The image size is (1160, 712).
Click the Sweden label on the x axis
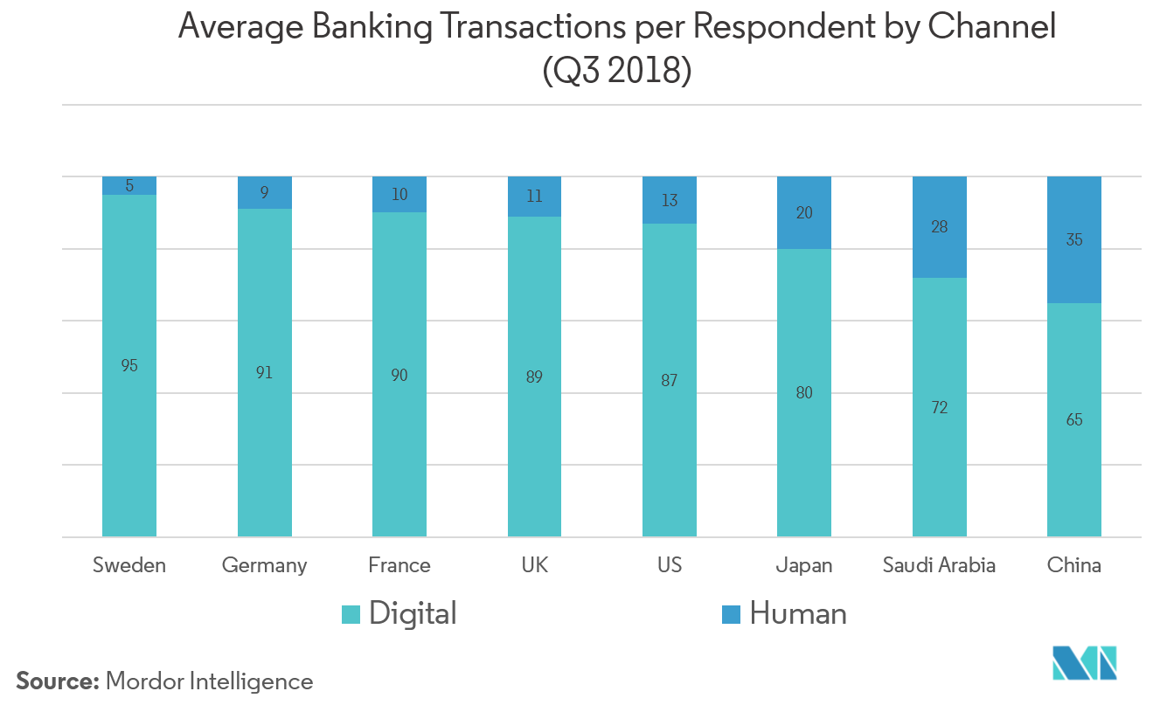point(129,565)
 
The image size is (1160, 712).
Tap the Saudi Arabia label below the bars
point(939,565)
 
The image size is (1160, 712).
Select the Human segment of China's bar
point(1074,262)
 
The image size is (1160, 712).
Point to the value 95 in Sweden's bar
point(129,366)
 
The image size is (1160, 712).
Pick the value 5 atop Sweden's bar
point(129,185)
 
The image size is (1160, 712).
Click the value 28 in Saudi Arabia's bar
point(940,227)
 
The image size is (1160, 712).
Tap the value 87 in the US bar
point(670,381)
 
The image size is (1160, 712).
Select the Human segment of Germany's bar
point(265,193)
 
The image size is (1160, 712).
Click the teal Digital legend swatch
point(351,614)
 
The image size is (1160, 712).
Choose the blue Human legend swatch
point(733,614)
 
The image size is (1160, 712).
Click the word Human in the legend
point(798,614)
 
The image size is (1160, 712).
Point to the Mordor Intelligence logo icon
point(1085,663)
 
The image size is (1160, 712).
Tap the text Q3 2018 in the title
point(617,72)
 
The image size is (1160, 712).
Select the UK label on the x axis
point(534,565)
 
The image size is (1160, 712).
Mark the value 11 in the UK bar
point(534,196)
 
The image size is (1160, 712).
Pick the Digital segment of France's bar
point(399,437)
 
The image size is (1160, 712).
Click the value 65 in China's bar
point(1074,420)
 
